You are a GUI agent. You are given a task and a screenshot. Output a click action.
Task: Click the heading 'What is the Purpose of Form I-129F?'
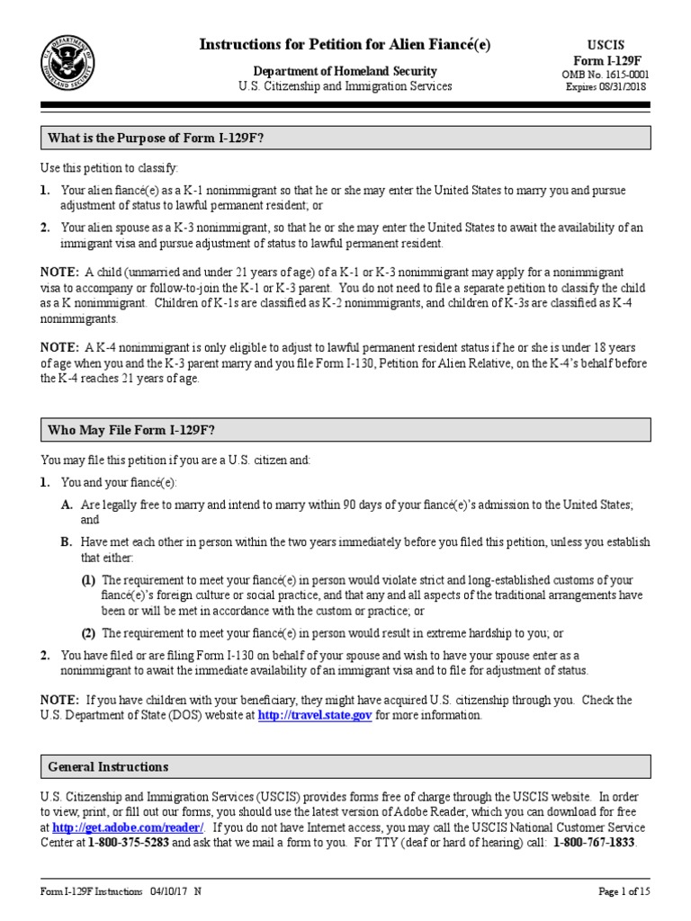pyautogui.click(x=156, y=138)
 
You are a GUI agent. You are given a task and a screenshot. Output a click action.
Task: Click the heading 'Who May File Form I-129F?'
pyautogui.click(x=130, y=430)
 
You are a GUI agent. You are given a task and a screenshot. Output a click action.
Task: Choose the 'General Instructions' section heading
pyautogui.click(x=107, y=767)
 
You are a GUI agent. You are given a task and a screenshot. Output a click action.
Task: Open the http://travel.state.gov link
pyautogui.click(x=314, y=716)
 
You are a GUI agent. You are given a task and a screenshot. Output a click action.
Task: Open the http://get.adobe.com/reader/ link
pyautogui.click(x=129, y=827)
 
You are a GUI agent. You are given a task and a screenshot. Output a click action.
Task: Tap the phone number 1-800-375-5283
pyautogui.click(x=129, y=843)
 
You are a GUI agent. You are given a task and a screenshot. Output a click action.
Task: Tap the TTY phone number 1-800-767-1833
pyautogui.click(x=594, y=843)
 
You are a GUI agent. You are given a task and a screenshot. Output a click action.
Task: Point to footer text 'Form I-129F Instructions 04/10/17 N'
pyautogui.click(x=121, y=891)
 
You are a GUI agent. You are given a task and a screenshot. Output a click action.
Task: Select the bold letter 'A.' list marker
pyautogui.click(x=67, y=506)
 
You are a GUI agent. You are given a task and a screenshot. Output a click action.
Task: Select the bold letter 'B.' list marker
pyautogui.click(x=67, y=542)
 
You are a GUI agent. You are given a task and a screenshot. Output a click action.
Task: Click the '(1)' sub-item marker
pyautogui.click(x=89, y=580)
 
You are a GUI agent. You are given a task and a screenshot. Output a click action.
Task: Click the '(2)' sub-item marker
pyautogui.click(x=89, y=632)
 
